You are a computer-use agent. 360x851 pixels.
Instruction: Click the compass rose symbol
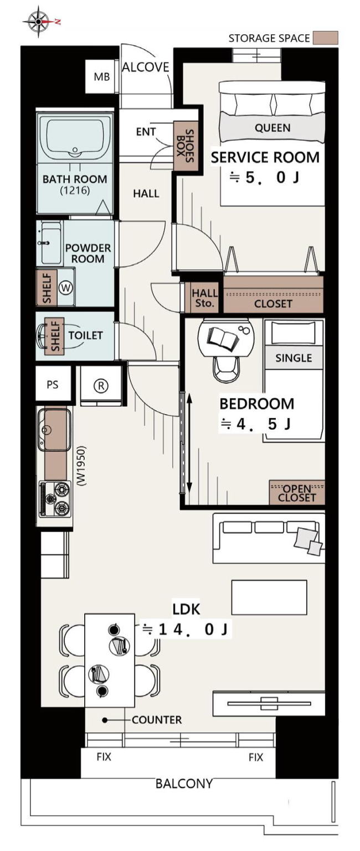point(39,22)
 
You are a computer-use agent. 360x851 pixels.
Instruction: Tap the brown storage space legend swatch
point(326,38)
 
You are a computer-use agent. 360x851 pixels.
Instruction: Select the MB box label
point(101,77)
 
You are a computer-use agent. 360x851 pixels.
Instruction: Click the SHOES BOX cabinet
point(184,146)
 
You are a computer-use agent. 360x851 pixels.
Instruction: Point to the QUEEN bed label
point(272,128)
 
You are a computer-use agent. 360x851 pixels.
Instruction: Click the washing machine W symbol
point(65,288)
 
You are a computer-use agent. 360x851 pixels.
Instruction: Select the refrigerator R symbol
point(101,386)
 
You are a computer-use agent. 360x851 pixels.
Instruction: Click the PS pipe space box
point(53,384)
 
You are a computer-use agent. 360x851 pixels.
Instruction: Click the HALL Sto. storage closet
point(204,298)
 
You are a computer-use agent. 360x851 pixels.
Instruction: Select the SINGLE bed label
point(294,358)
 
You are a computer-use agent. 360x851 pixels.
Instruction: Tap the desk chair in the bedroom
point(227,369)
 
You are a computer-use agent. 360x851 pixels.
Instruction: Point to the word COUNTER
point(157,720)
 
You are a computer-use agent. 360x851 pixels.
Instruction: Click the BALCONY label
point(184,783)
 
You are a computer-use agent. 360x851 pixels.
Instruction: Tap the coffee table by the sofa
point(269,597)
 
